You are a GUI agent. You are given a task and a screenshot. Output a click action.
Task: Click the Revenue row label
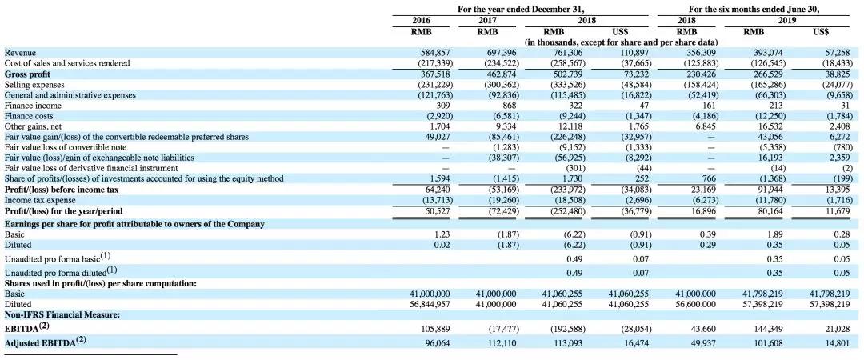click(20, 53)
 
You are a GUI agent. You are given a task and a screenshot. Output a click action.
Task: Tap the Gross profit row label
click(27, 74)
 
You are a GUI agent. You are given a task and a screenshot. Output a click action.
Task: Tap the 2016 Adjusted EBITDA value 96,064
click(438, 343)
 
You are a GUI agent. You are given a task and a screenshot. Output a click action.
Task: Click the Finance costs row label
click(27, 116)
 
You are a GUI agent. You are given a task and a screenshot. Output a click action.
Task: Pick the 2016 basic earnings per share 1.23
click(442, 234)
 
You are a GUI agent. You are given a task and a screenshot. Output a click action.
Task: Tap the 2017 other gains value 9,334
click(506, 126)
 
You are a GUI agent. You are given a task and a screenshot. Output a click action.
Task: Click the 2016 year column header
click(422, 21)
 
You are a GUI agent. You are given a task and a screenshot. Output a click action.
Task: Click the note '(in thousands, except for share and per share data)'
click(621, 42)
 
